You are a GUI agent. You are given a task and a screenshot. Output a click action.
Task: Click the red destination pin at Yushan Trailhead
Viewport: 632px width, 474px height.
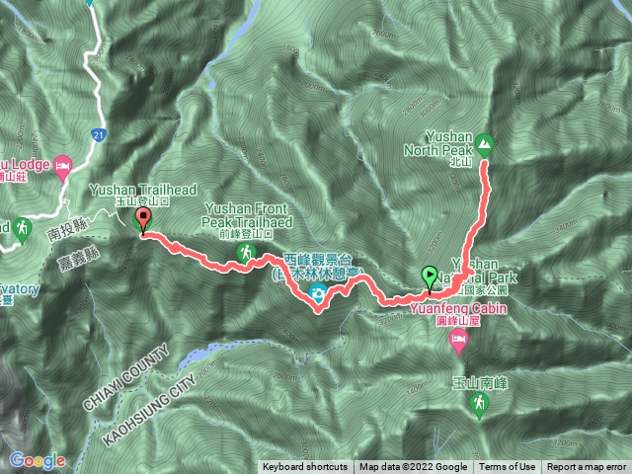click(x=143, y=220)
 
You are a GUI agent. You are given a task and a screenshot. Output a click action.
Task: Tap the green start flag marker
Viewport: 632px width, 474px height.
click(x=430, y=276)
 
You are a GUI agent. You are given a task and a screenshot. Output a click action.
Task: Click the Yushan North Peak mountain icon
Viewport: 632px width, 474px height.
click(x=485, y=144)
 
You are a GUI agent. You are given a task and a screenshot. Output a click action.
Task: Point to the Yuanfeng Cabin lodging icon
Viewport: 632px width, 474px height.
click(x=458, y=341)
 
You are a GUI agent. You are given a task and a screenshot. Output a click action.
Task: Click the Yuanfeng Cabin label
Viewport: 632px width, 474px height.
click(x=443, y=307)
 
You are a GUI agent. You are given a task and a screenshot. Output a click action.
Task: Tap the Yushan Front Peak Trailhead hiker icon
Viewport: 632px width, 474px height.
click(x=244, y=254)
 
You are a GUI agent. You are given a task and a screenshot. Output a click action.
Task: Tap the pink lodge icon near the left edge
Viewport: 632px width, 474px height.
click(x=64, y=163)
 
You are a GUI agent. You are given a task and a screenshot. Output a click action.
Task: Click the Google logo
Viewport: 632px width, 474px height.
click(x=37, y=460)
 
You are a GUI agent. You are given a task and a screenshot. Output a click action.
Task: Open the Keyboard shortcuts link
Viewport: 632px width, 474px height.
click(x=305, y=467)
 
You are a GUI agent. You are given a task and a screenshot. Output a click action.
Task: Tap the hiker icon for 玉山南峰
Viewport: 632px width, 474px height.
click(x=480, y=403)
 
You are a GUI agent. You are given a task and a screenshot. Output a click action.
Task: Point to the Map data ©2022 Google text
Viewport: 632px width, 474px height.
click(x=414, y=467)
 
